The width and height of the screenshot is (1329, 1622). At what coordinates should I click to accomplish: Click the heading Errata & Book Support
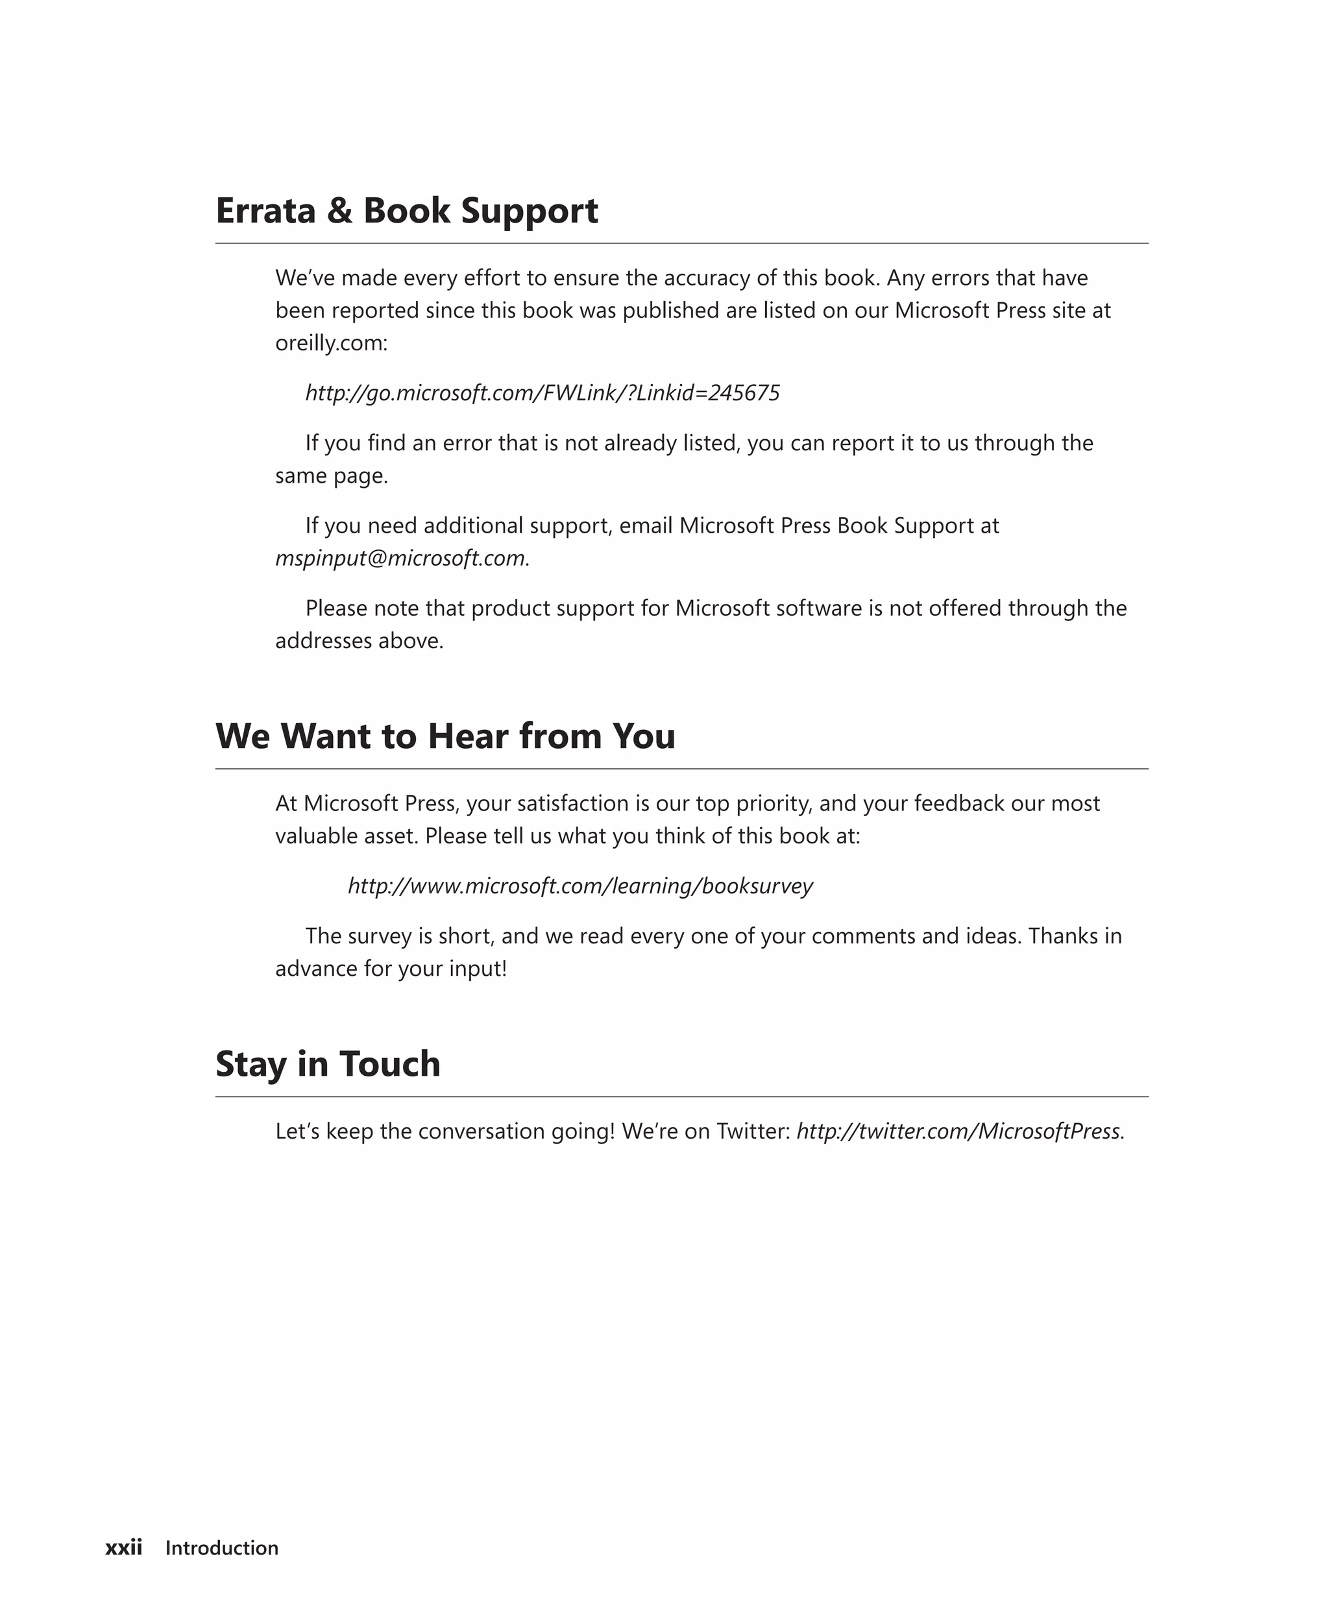406,210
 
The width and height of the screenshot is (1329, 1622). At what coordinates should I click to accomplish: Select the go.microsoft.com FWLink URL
542,393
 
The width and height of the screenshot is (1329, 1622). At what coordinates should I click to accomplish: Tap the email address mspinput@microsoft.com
400,558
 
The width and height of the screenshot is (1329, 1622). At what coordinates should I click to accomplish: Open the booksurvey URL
579,886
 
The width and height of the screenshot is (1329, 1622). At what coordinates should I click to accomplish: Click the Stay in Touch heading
328,1063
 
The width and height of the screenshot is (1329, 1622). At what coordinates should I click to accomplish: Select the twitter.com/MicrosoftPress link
958,1131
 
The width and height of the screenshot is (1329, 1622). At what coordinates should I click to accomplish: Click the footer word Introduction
221,1548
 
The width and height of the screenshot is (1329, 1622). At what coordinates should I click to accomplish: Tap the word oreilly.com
331,343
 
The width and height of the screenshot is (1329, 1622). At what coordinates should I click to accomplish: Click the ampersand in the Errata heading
339,210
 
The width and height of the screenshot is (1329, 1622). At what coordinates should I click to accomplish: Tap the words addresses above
359,640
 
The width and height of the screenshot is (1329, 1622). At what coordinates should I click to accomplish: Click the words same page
332,476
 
